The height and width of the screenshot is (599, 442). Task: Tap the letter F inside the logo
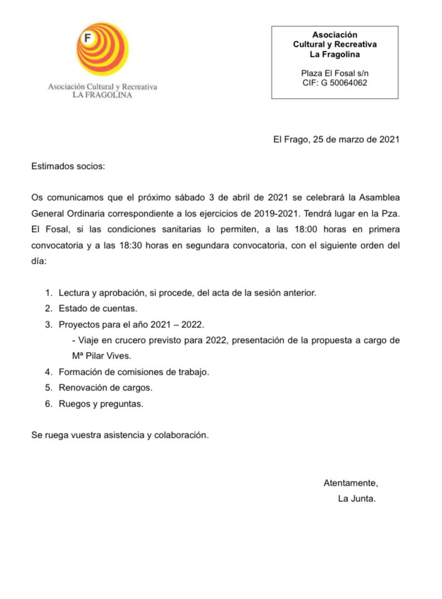pos(87,39)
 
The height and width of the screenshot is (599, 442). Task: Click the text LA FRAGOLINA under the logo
pos(103,95)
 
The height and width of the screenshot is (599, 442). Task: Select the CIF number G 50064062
pos(334,83)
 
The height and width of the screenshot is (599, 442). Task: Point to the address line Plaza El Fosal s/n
pos(334,73)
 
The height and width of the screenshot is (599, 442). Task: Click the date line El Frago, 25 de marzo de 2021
pos(336,140)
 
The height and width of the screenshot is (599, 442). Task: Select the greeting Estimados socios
pos(68,166)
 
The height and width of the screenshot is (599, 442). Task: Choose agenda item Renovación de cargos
pos(105,388)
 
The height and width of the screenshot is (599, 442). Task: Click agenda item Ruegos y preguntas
pos(101,404)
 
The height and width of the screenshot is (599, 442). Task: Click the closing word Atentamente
pos(351,483)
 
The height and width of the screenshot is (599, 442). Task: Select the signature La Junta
pos(357,499)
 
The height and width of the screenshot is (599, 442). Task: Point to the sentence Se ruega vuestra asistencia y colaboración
pos(120,435)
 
